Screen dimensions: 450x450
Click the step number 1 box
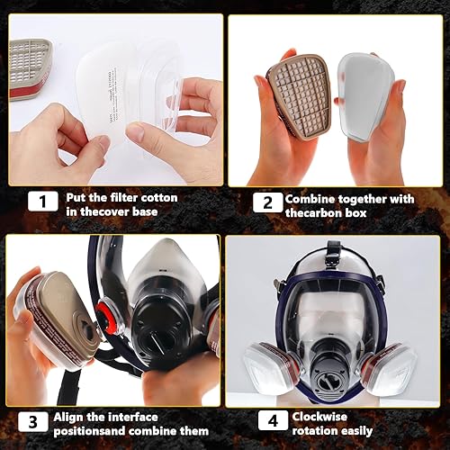(x=39, y=202)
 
